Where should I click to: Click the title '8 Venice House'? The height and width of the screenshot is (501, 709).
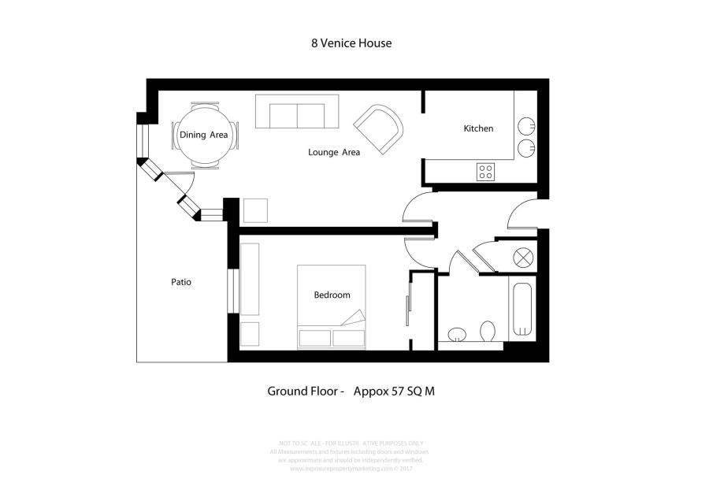tap(351, 43)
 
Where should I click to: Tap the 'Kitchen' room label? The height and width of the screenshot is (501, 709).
tap(478, 128)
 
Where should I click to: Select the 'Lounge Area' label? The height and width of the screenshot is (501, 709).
tap(334, 152)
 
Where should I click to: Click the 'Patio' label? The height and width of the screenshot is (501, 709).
tap(181, 282)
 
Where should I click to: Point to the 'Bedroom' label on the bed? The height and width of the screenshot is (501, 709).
tap(332, 295)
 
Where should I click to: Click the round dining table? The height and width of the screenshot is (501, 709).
tap(204, 135)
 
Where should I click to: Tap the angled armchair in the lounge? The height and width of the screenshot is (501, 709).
tap(379, 128)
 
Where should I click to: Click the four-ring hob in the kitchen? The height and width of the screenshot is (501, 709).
tap(486, 171)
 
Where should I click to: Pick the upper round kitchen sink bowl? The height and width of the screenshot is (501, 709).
tap(525, 126)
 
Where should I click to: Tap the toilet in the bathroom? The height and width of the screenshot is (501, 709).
tap(487, 332)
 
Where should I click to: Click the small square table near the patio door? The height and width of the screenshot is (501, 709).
tap(255, 211)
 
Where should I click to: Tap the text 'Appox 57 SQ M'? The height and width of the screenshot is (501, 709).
tap(394, 391)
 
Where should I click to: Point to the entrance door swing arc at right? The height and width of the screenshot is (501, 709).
tap(522, 213)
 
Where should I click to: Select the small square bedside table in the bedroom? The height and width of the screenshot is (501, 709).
tap(250, 334)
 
